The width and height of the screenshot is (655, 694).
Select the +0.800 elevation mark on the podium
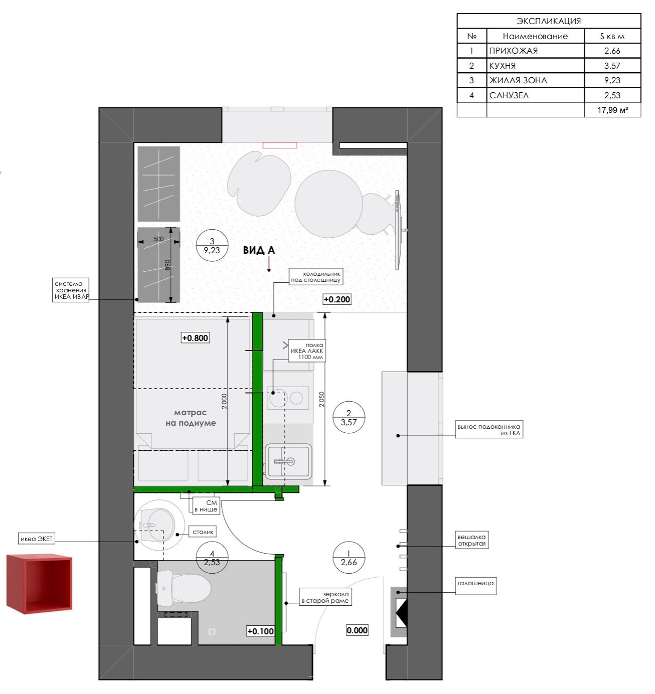pyautogui.click(x=195, y=338)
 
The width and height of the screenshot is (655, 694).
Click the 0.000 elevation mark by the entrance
pyautogui.click(x=357, y=630)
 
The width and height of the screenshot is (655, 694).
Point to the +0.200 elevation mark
pyautogui.click(x=337, y=299)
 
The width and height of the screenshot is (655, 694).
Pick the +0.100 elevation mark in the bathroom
pyautogui.click(x=260, y=631)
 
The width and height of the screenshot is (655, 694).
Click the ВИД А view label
pyautogui.click(x=259, y=250)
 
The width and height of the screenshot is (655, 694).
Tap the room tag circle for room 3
pyautogui.click(x=212, y=246)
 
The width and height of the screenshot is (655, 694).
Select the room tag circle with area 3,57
pyautogui.click(x=349, y=418)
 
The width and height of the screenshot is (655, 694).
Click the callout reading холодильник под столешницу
pyautogui.click(x=316, y=276)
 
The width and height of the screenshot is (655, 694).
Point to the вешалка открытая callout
pyautogui.click(x=471, y=540)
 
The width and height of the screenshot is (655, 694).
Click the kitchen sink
pyautogui.click(x=288, y=461)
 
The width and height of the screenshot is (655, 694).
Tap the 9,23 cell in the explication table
pyautogui.click(x=612, y=80)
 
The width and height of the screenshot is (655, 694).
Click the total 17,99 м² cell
pyautogui.click(x=612, y=110)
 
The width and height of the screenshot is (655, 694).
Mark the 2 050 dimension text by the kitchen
pyautogui.click(x=321, y=399)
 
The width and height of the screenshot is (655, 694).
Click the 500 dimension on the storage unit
pyautogui.click(x=158, y=239)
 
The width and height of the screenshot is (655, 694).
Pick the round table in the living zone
pyautogui.click(x=329, y=204)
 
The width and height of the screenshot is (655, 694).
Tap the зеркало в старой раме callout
pyautogui.click(x=325, y=597)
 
